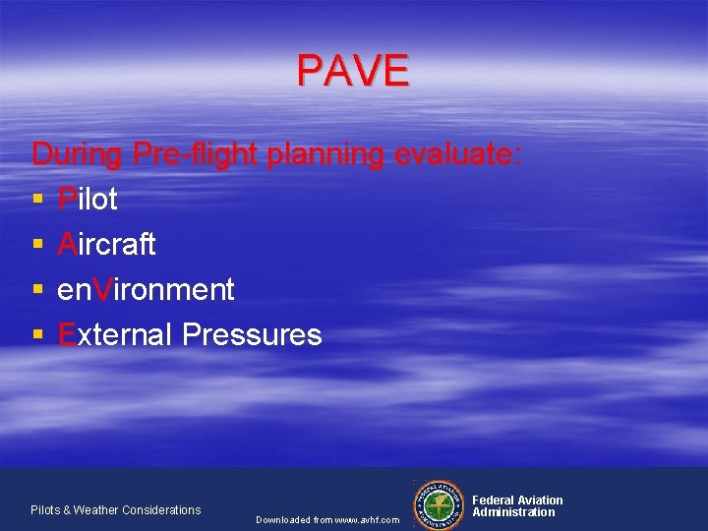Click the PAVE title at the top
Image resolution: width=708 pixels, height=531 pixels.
(x=353, y=71)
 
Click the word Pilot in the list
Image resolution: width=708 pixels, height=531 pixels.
(x=88, y=199)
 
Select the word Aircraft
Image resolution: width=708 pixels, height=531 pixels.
(x=106, y=244)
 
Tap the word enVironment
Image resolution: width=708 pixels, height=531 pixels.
(x=146, y=289)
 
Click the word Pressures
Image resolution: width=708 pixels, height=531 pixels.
(x=252, y=334)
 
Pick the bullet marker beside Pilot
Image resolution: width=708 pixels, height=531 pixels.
(x=37, y=201)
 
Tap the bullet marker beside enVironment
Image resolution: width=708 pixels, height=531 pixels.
(x=37, y=291)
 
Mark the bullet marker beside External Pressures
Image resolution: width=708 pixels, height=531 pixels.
(x=37, y=336)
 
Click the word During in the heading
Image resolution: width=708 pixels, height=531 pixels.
(x=78, y=154)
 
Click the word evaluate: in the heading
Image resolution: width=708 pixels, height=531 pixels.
(x=457, y=154)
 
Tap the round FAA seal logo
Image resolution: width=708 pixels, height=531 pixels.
(x=440, y=503)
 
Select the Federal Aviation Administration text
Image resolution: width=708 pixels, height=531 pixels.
(x=517, y=506)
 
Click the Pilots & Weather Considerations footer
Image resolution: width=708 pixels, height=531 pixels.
(x=115, y=509)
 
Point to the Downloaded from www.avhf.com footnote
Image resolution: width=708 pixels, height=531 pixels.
(x=327, y=519)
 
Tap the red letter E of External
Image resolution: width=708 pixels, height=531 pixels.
(x=67, y=334)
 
